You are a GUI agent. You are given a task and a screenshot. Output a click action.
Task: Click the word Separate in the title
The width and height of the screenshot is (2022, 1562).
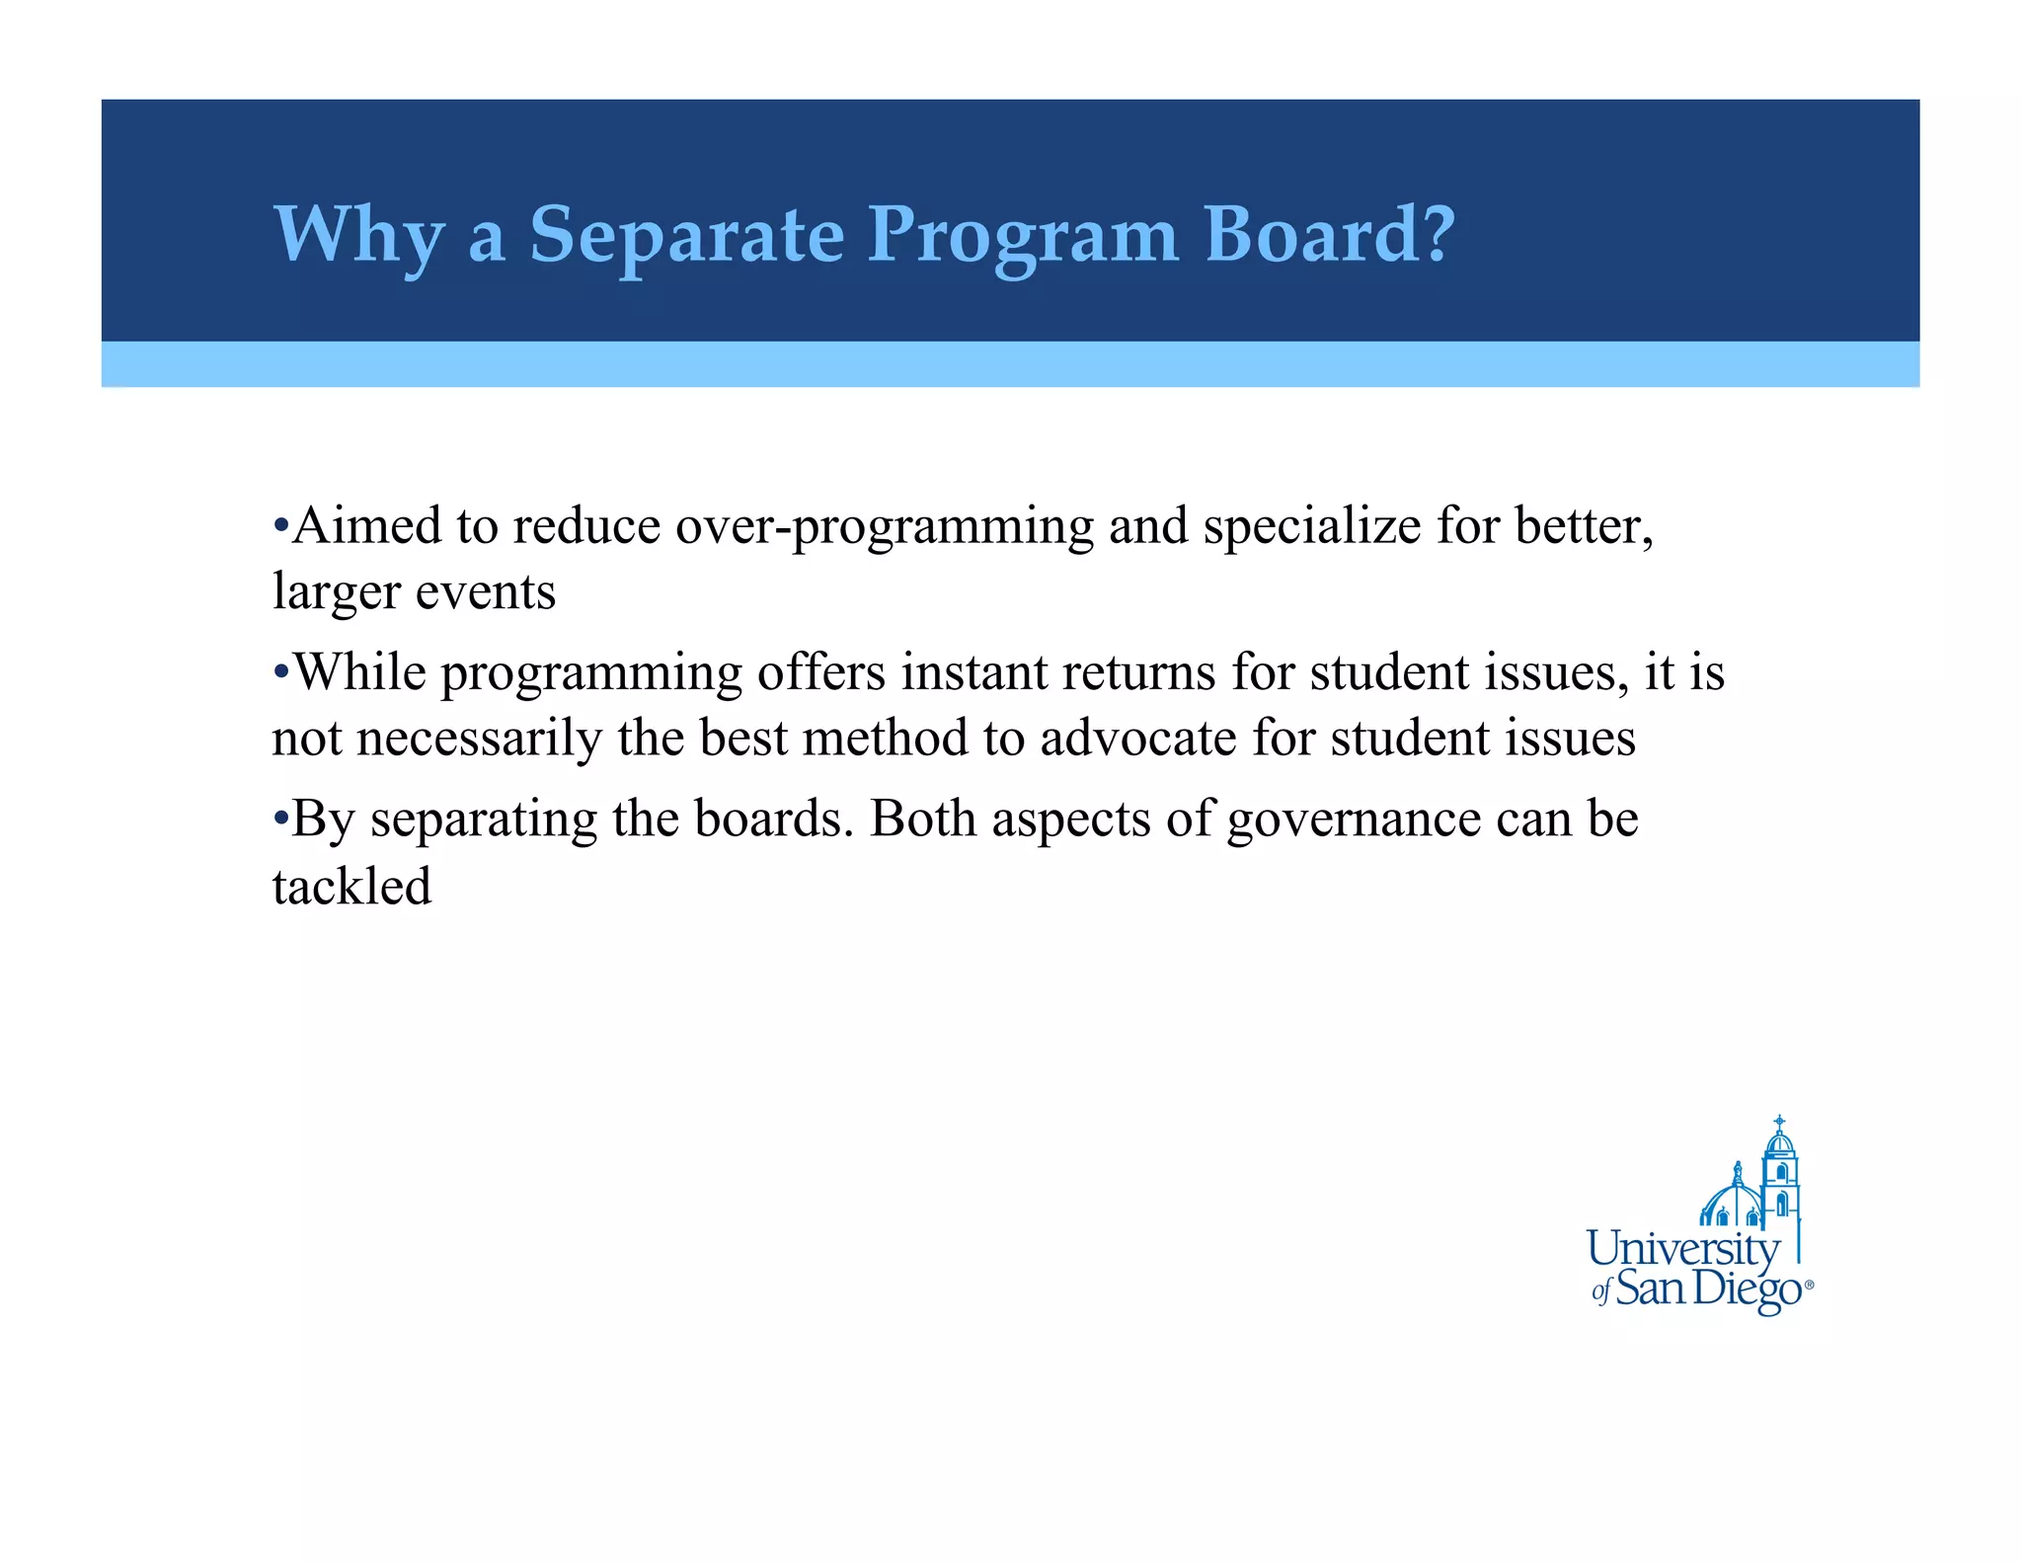(687, 235)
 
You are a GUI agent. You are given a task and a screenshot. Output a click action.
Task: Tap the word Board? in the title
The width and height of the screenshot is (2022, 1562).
(1330, 235)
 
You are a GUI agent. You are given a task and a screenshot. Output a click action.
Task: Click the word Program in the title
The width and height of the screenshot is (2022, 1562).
(1023, 235)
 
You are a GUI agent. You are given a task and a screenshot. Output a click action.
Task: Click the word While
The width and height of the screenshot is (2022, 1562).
(360, 672)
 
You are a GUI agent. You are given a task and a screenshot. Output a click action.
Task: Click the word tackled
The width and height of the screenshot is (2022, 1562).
(352, 886)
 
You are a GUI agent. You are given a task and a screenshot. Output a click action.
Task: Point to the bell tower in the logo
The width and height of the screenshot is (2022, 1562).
(1779, 1175)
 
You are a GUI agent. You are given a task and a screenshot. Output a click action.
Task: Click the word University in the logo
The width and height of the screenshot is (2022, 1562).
(1682, 1250)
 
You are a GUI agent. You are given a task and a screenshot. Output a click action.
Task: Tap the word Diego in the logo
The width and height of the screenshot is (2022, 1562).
(1747, 1289)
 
